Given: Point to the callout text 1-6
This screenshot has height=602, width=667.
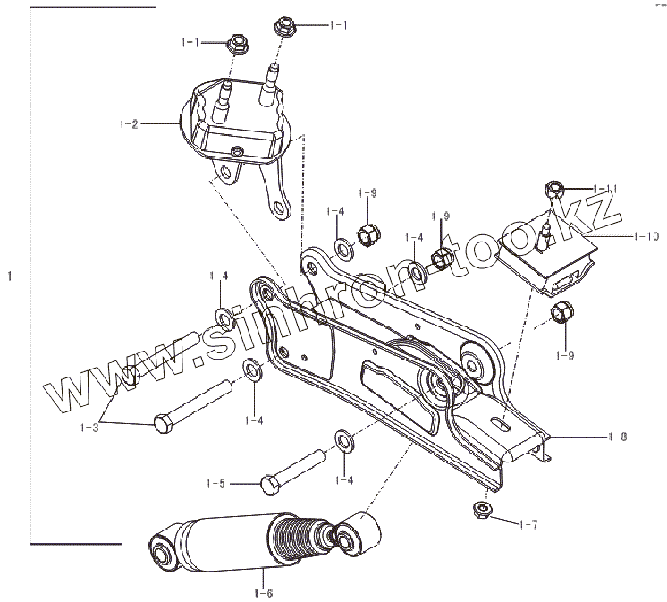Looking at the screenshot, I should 263,590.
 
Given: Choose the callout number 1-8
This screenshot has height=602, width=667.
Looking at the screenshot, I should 617,437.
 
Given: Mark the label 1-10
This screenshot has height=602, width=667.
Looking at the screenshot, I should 645,237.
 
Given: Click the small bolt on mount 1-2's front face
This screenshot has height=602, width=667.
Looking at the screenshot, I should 236,148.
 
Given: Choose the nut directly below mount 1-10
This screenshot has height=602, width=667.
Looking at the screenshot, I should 562,313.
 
